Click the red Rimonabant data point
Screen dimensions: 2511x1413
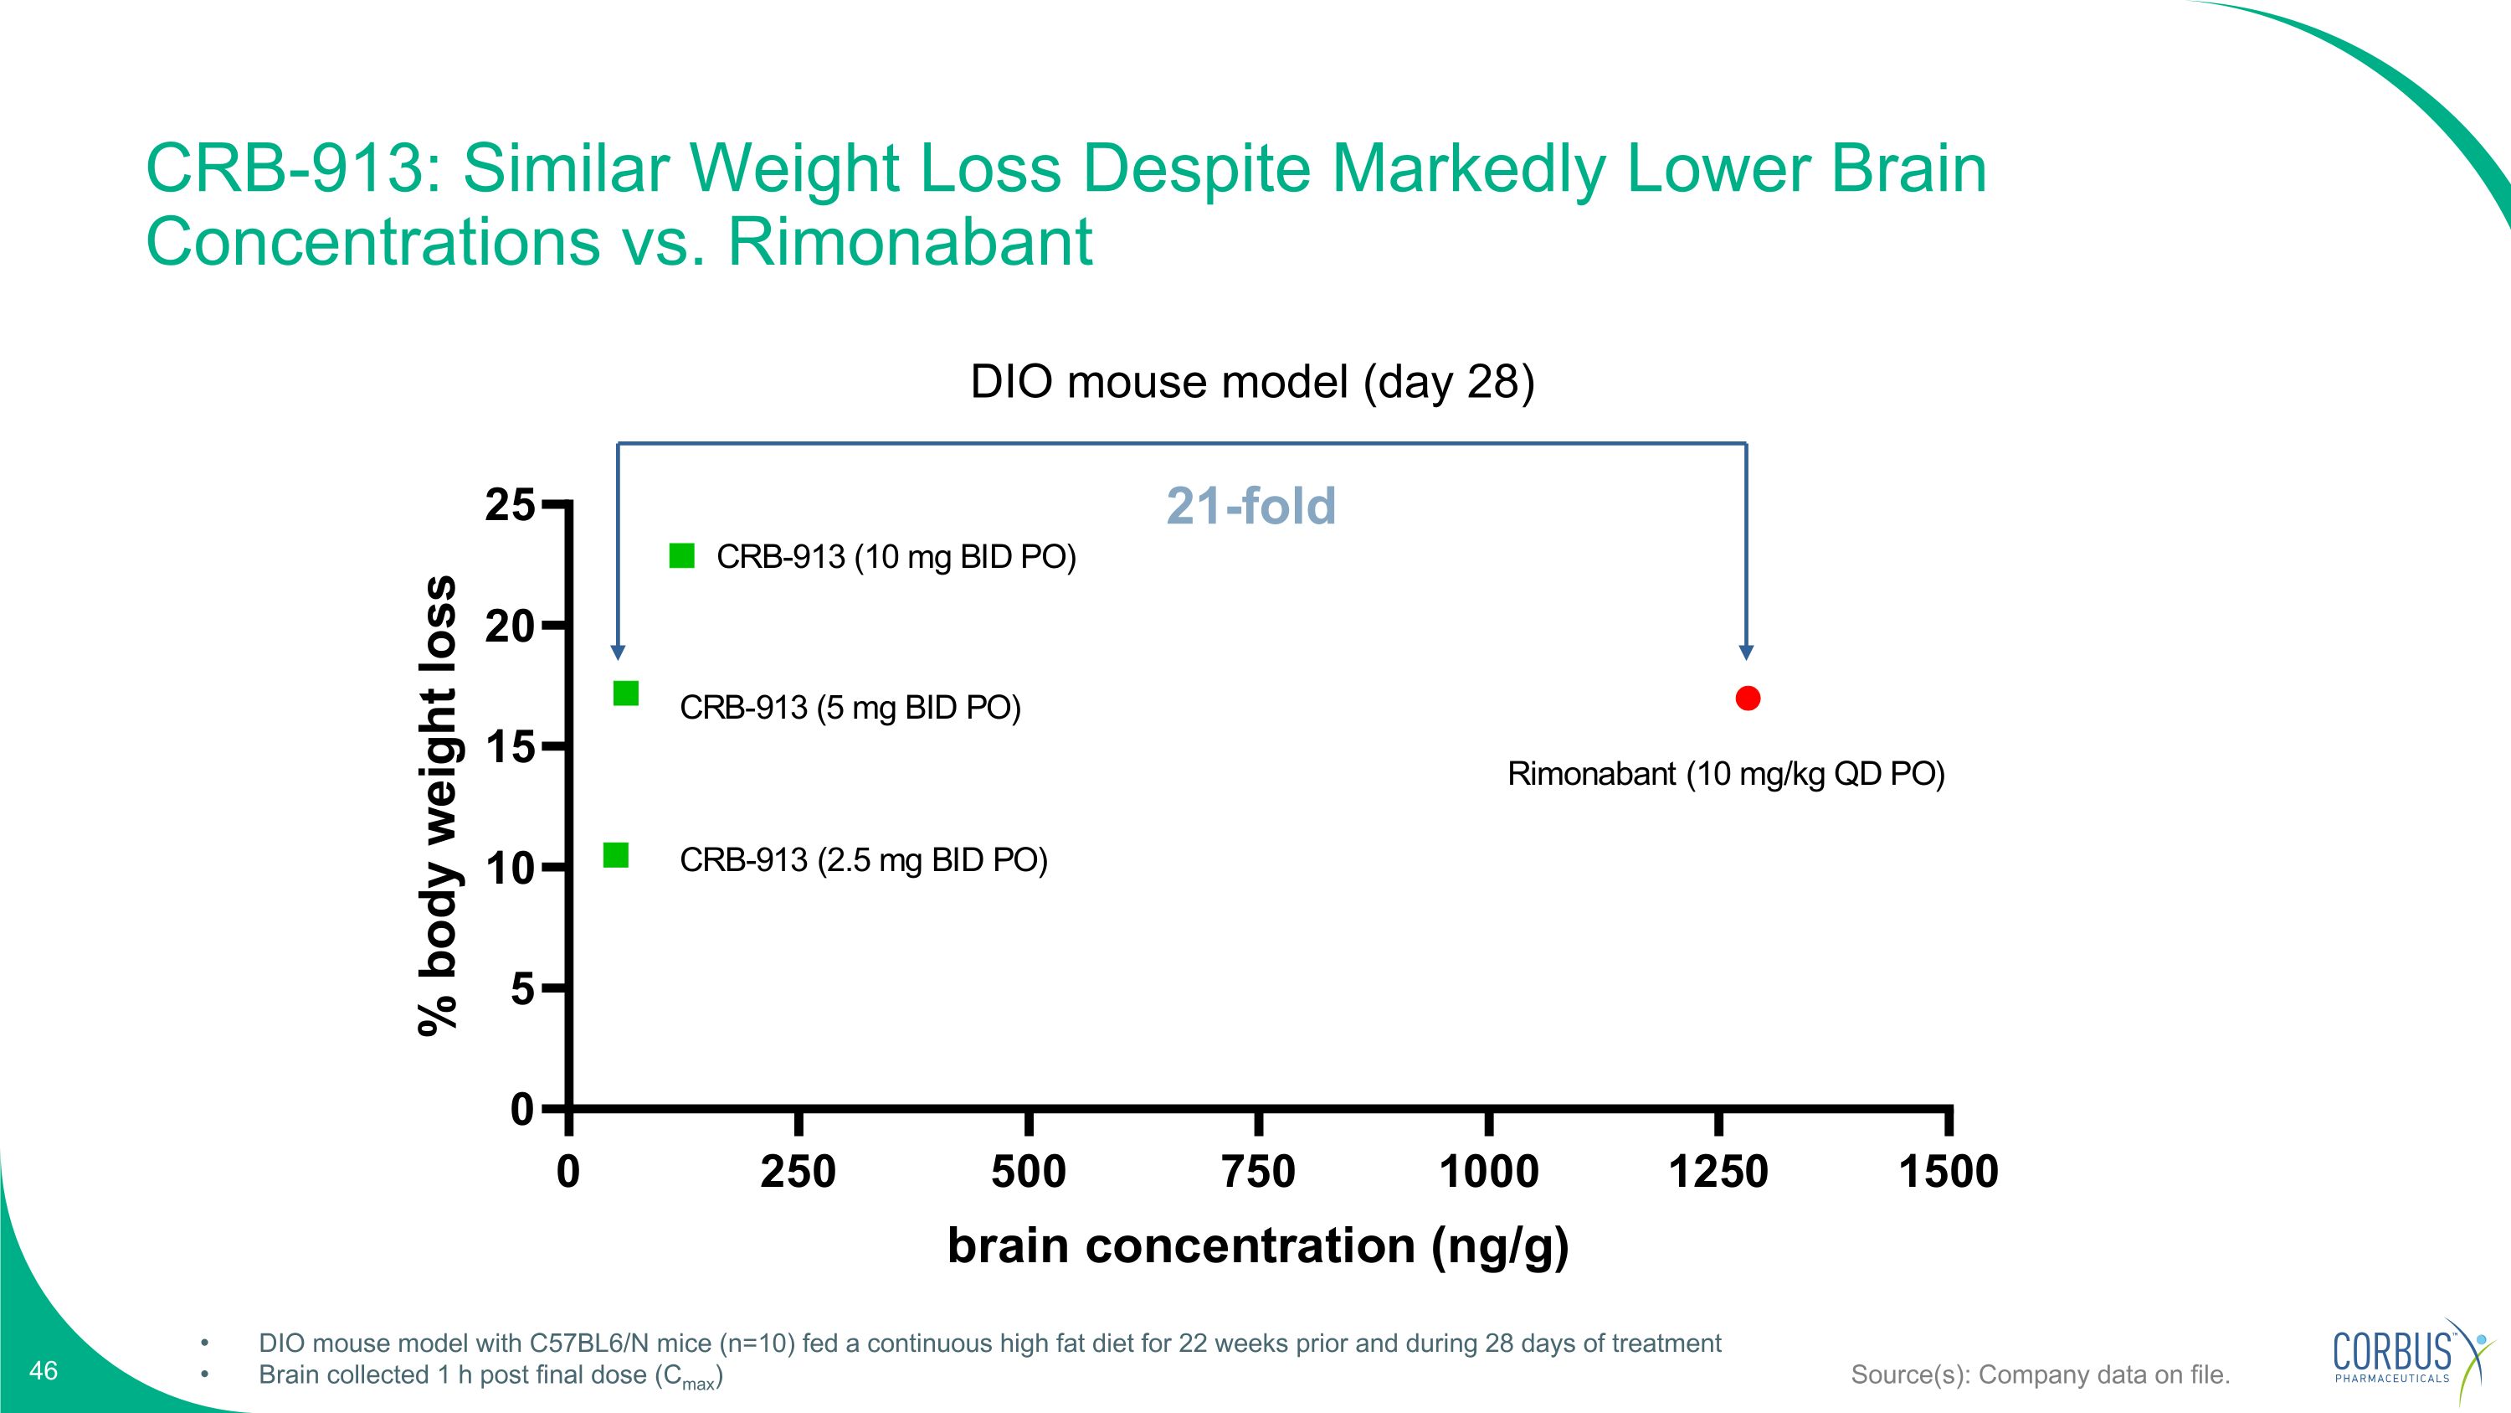pos(1748,699)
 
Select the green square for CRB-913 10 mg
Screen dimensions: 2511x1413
pos(681,556)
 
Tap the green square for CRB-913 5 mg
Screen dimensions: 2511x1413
pos(626,694)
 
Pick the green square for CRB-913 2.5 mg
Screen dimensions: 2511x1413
pos(616,855)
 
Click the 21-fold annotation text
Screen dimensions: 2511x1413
pos(1250,506)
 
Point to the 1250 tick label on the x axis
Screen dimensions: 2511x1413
pos(1718,1171)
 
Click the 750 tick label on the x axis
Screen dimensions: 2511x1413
pos(1258,1171)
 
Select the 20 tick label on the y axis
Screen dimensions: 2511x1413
pos(510,626)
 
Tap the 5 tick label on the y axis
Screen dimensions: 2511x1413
pos(522,990)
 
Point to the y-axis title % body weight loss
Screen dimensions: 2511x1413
pos(437,806)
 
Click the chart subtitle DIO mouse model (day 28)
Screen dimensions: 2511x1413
pos(1253,381)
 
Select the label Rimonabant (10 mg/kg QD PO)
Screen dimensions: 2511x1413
pos(1726,774)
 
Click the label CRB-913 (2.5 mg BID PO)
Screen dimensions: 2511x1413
pos(864,860)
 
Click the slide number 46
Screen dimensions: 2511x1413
pos(44,1371)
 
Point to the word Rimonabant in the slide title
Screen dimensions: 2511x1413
pos(911,242)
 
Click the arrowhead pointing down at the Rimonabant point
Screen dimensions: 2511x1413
pos(1746,652)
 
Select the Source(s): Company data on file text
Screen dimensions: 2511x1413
pos(2041,1375)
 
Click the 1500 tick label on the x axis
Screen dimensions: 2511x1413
pos(1949,1171)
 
